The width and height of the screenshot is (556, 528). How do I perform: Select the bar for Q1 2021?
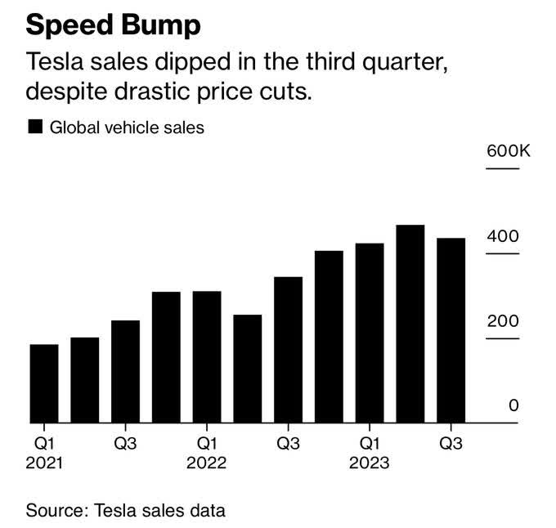pyautogui.click(x=44, y=383)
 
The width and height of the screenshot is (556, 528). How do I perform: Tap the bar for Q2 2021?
pyautogui.click(x=84, y=380)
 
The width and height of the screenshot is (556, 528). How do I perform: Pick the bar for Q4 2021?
pyautogui.click(x=166, y=357)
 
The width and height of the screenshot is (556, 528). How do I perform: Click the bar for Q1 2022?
pyautogui.click(x=207, y=357)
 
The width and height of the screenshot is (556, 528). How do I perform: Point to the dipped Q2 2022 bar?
pyautogui.click(x=248, y=369)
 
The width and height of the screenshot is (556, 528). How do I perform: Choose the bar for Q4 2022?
pyautogui.click(x=329, y=337)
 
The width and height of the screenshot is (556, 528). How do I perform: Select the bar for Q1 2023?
pyautogui.click(x=370, y=333)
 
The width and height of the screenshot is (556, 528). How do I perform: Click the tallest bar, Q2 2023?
pyautogui.click(x=410, y=324)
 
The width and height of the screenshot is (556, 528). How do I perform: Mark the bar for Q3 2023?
pyautogui.click(x=451, y=330)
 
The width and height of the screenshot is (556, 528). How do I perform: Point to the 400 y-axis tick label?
pyautogui.click(x=503, y=236)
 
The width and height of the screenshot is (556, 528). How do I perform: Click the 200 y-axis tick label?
pyautogui.click(x=503, y=320)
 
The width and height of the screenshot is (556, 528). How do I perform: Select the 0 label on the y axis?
pyautogui.click(x=513, y=405)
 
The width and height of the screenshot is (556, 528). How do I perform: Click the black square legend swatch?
pyautogui.click(x=35, y=127)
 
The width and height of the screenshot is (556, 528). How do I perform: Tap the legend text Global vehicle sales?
pyautogui.click(x=127, y=128)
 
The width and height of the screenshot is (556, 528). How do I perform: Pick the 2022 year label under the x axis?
pyautogui.click(x=206, y=463)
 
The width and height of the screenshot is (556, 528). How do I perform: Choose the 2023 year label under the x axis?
pyautogui.click(x=370, y=463)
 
